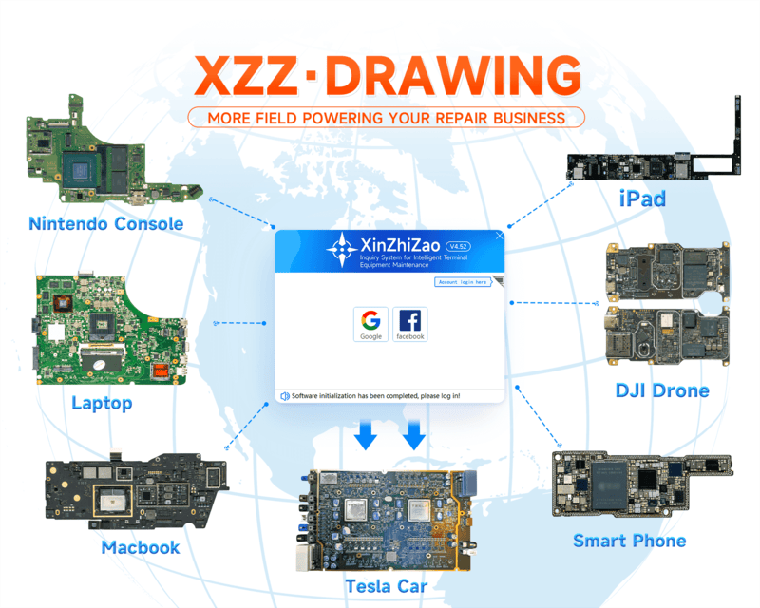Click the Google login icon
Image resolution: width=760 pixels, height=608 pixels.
[x=370, y=323]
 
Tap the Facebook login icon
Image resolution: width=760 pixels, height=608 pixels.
[x=410, y=323]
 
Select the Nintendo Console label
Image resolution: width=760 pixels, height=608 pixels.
[x=105, y=224]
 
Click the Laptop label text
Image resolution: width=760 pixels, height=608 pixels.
[x=102, y=403]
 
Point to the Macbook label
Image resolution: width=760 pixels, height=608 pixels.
[x=140, y=547]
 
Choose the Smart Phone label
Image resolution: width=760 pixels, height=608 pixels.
[x=629, y=541]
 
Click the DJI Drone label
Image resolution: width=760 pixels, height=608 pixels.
[x=661, y=390]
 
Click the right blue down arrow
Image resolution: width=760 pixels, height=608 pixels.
[x=414, y=436]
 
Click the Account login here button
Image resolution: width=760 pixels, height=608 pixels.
[x=463, y=282]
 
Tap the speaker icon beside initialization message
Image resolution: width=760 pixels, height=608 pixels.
[x=284, y=394]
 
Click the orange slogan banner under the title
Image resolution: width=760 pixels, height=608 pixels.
[x=386, y=118]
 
